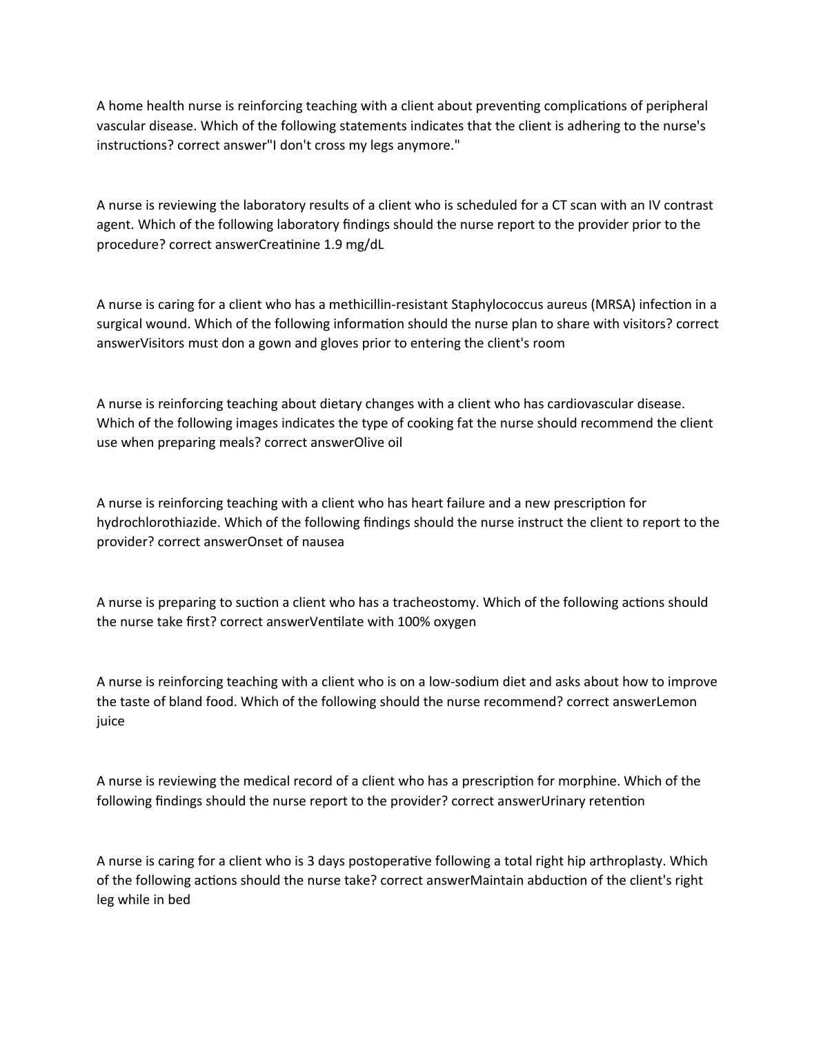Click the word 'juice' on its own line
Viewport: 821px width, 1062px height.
pyautogui.click(x=110, y=721)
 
